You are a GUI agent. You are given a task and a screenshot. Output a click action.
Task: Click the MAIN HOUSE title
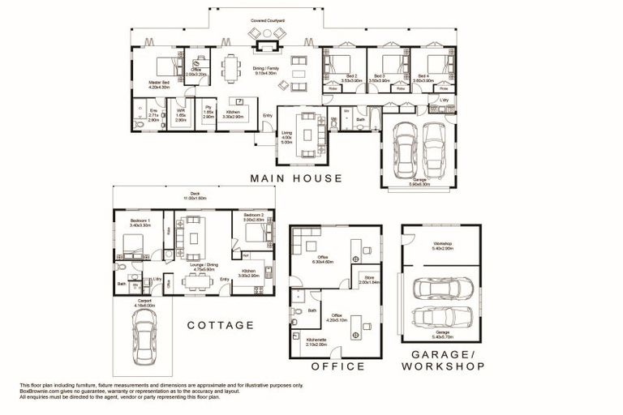tap(296, 178)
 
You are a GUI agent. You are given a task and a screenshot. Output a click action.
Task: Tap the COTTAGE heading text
tap(221, 325)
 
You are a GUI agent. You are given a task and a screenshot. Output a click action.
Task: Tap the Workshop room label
tap(442, 245)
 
